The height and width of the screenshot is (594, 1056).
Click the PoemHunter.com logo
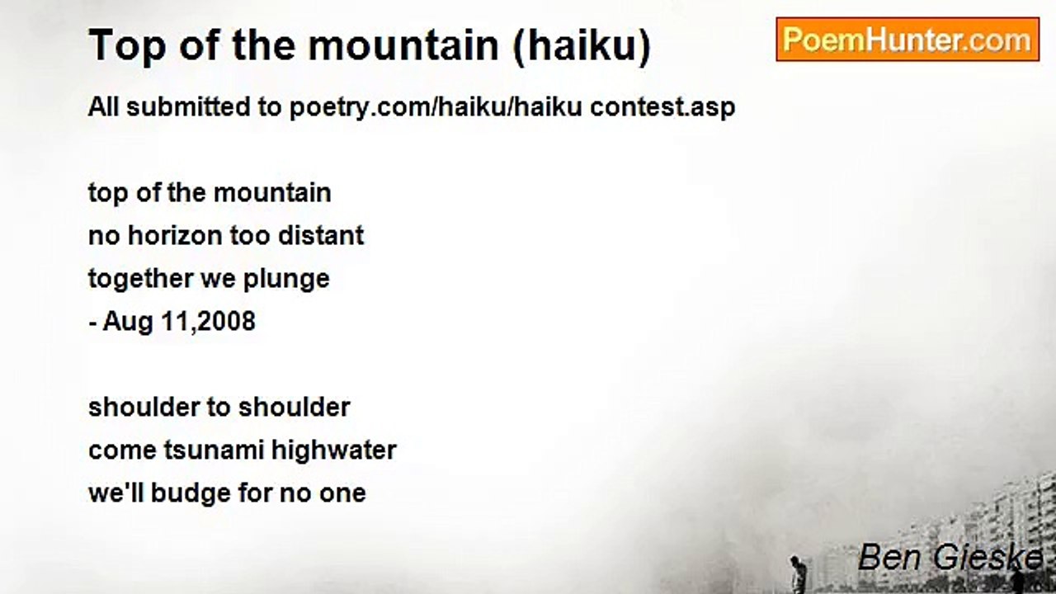(907, 40)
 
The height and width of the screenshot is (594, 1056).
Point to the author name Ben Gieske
(950, 558)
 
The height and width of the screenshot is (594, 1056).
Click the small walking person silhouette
(796, 573)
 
